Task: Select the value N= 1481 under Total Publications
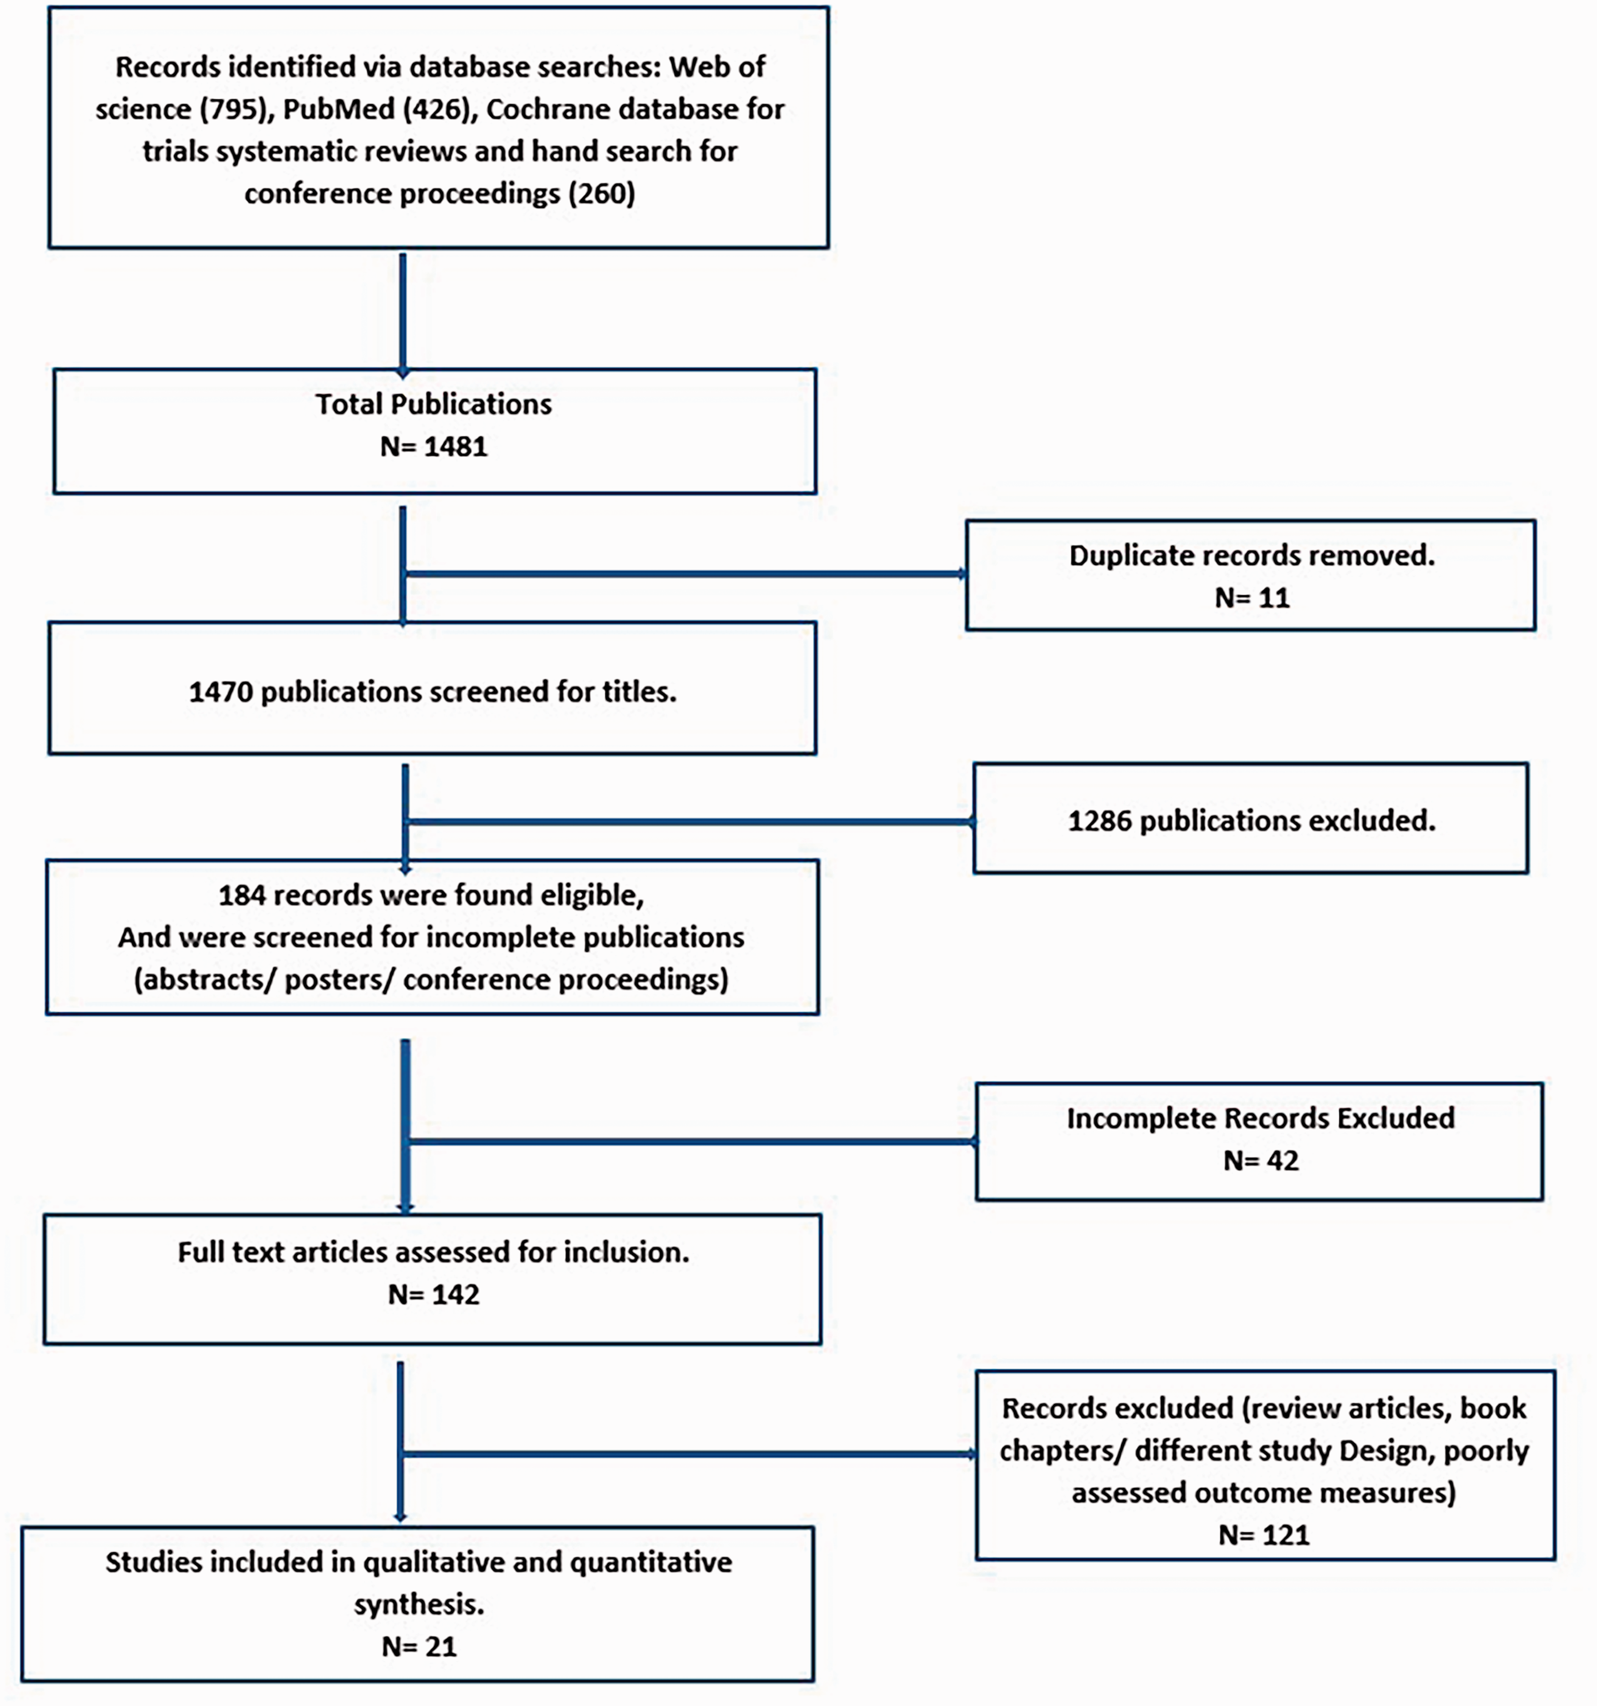433,446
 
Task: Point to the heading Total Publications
433,404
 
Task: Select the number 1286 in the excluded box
1099,821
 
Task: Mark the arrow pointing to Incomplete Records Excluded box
692,1141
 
